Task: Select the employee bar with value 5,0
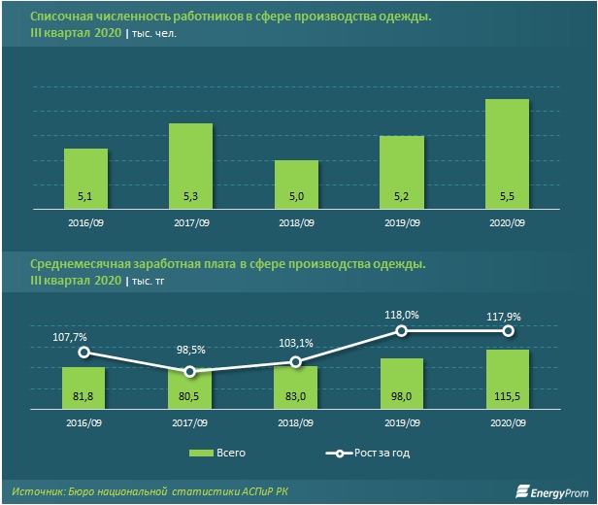(296, 184)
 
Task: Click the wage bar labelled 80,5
(190, 391)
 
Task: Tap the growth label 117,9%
(507, 315)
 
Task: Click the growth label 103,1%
(296, 344)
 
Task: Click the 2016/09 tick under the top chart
(85, 222)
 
